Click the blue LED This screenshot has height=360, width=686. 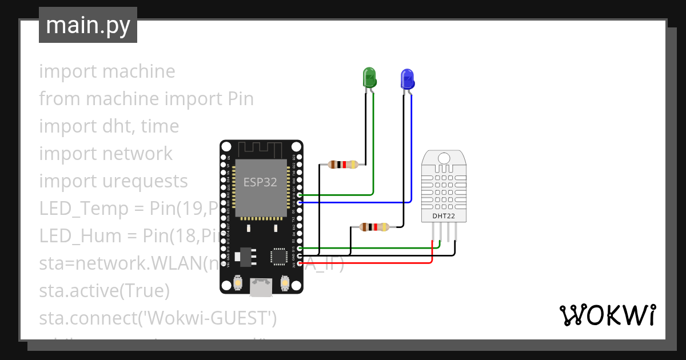pyautogui.click(x=407, y=78)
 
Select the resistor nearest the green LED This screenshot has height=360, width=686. pyautogui.click(x=344, y=165)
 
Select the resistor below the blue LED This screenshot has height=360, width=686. pyautogui.click(x=375, y=227)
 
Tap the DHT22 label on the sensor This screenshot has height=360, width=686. pyautogui.click(x=444, y=216)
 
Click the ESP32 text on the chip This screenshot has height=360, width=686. pyautogui.click(x=260, y=182)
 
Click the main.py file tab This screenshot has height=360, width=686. pyautogui.click(x=88, y=26)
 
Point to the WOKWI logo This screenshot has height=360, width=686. pyautogui.click(x=607, y=315)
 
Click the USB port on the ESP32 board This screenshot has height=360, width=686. pyautogui.click(x=262, y=287)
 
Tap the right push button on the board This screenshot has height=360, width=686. pyautogui.click(x=285, y=282)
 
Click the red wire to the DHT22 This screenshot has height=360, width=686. pyautogui.click(x=366, y=263)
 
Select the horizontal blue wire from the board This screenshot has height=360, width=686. pyautogui.click(x=354, y=202)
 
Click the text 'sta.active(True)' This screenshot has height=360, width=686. pyautogui.click(x=105, y=290)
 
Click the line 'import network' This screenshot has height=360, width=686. pyautogui.click(x=106, y=153)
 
